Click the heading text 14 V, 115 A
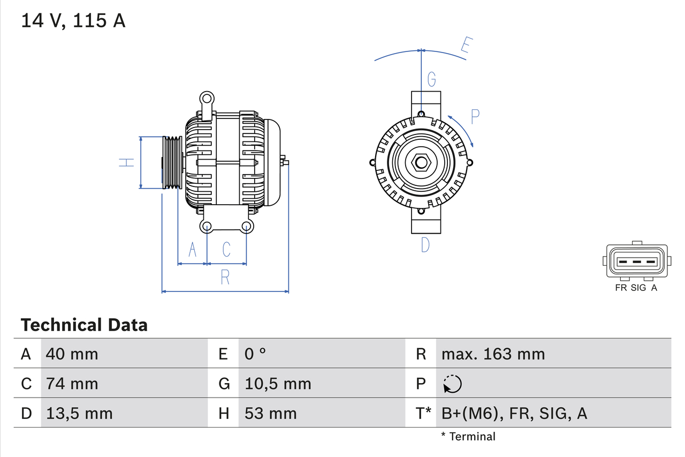[73, 20]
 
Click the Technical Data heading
[84, 325]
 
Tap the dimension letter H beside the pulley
[126, 162]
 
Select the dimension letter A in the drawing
[193, 249]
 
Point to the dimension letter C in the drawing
[226, 249]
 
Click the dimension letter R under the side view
[225, 277]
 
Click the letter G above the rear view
[431, 80]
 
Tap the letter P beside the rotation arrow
[475, 116]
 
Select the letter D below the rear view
[425, 245]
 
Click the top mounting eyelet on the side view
[207, 99]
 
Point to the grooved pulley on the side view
[172, 162]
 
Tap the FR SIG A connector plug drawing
[636, 261]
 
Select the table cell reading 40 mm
[72, 354]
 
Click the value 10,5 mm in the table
[278, 384]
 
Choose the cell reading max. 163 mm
[493, 354]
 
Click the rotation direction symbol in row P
[452, 384]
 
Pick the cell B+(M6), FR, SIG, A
[514, 413]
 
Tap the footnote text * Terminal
[468, 436]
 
